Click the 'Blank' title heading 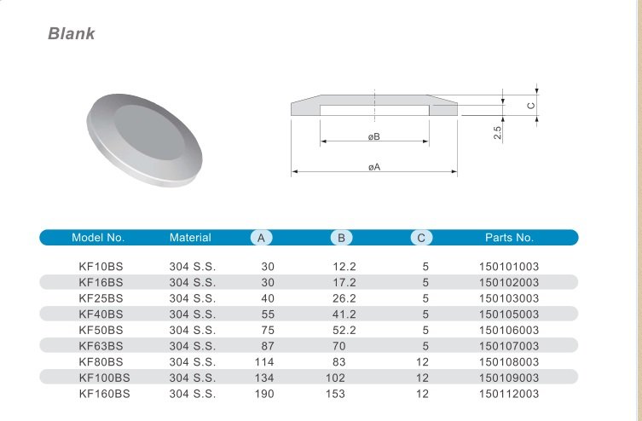[x=71, y=35]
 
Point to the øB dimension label [x=373, y=137]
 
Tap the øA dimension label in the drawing [x=373, y=167]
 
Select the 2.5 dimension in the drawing [x=496, y=133]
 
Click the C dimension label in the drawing [x=529, y=106]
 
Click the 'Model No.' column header [x=98, y=238]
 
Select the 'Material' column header [x=190, y=238]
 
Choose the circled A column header [x=262, y=238]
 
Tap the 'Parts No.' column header [x=509, y=238]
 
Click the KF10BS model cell [x=101, y=267]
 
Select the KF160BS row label [x=104, y=394]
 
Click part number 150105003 [x=509, y=314]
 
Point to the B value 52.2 [x=344, y=330]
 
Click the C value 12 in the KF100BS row [x=422, y=378]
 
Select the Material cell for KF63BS [x=193, y=346]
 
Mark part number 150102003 [x=509, y=282]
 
